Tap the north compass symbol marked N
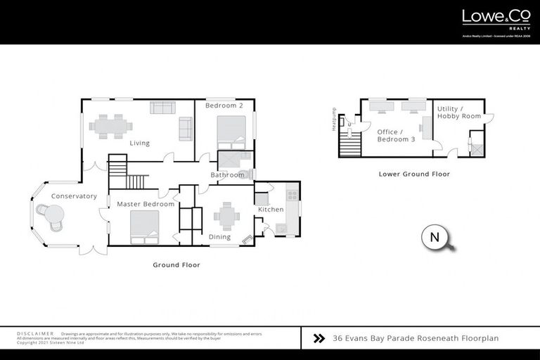(x=435, y=238)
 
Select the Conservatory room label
(x=74, y=196)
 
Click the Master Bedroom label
(x=146, y=204)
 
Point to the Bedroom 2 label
(x=224, y=105)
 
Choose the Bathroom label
(x=227, y=175)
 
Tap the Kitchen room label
(x=271, y=210)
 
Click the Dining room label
(x=220, y=237)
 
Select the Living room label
(x=139, y=143)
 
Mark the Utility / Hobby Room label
(x=459, y=112)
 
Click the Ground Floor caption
(x=176, y=265)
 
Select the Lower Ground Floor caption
(x=414, y=174)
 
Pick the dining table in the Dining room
(x=226, y=216)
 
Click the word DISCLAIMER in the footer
(x=34, y=333)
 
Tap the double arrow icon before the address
(x=319, y=338)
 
